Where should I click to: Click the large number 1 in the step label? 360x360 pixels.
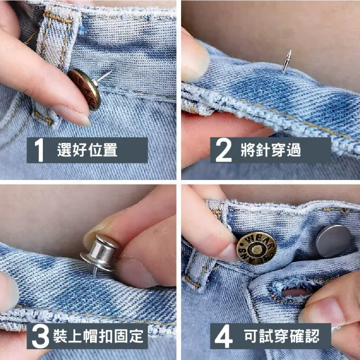(x=39, y=150)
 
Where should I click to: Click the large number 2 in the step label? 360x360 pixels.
(x=223, y=150)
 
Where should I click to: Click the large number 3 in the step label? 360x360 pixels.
(x=40, y=336)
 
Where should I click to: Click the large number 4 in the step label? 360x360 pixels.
(x=224, y=336)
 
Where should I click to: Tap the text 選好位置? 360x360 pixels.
(x=87, y=150)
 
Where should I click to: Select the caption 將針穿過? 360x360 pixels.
(x=271, y=150)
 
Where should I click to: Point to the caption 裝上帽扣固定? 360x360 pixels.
(x=98, y=336)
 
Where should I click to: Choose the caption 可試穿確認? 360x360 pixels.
(x=281, y=336)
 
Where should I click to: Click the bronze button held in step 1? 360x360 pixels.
(x=84, y=89)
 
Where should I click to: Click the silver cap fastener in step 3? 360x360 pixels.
(x=99, y=253)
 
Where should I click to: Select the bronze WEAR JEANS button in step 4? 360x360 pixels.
(x=256, y=248)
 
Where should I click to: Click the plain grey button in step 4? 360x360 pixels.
(x=333, y=241)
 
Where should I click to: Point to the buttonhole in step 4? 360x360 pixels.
(x=293, y=292)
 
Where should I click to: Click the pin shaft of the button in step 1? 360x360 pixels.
(x=103, y=76)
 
